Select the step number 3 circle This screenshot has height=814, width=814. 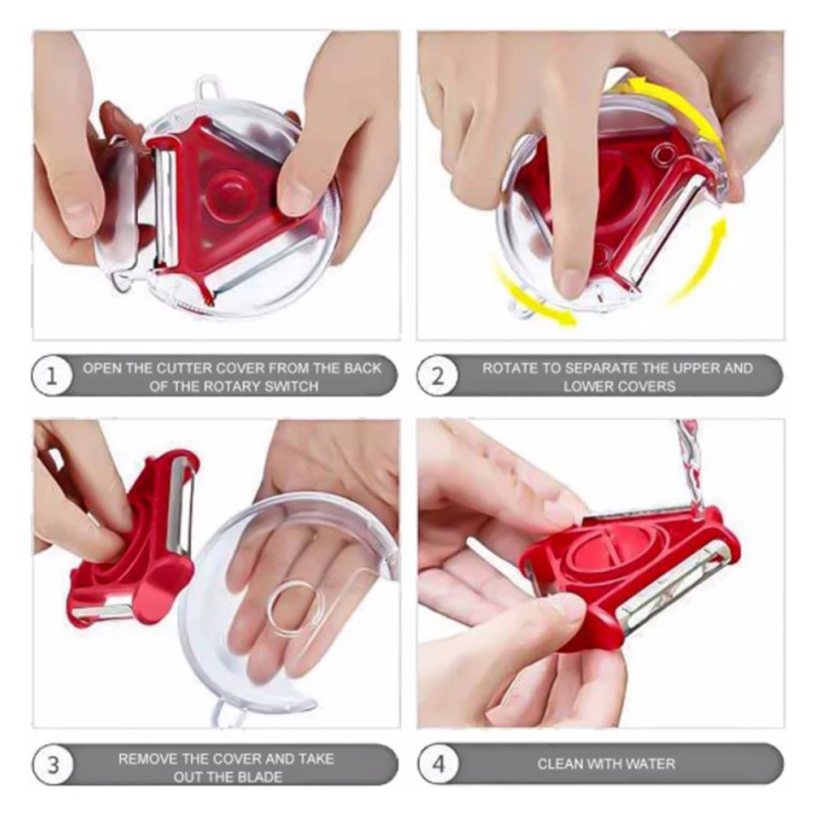(x=53, y=766)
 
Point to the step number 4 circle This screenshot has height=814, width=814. (x=439, y=764)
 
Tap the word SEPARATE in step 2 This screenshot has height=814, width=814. (x=600, y=368)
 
